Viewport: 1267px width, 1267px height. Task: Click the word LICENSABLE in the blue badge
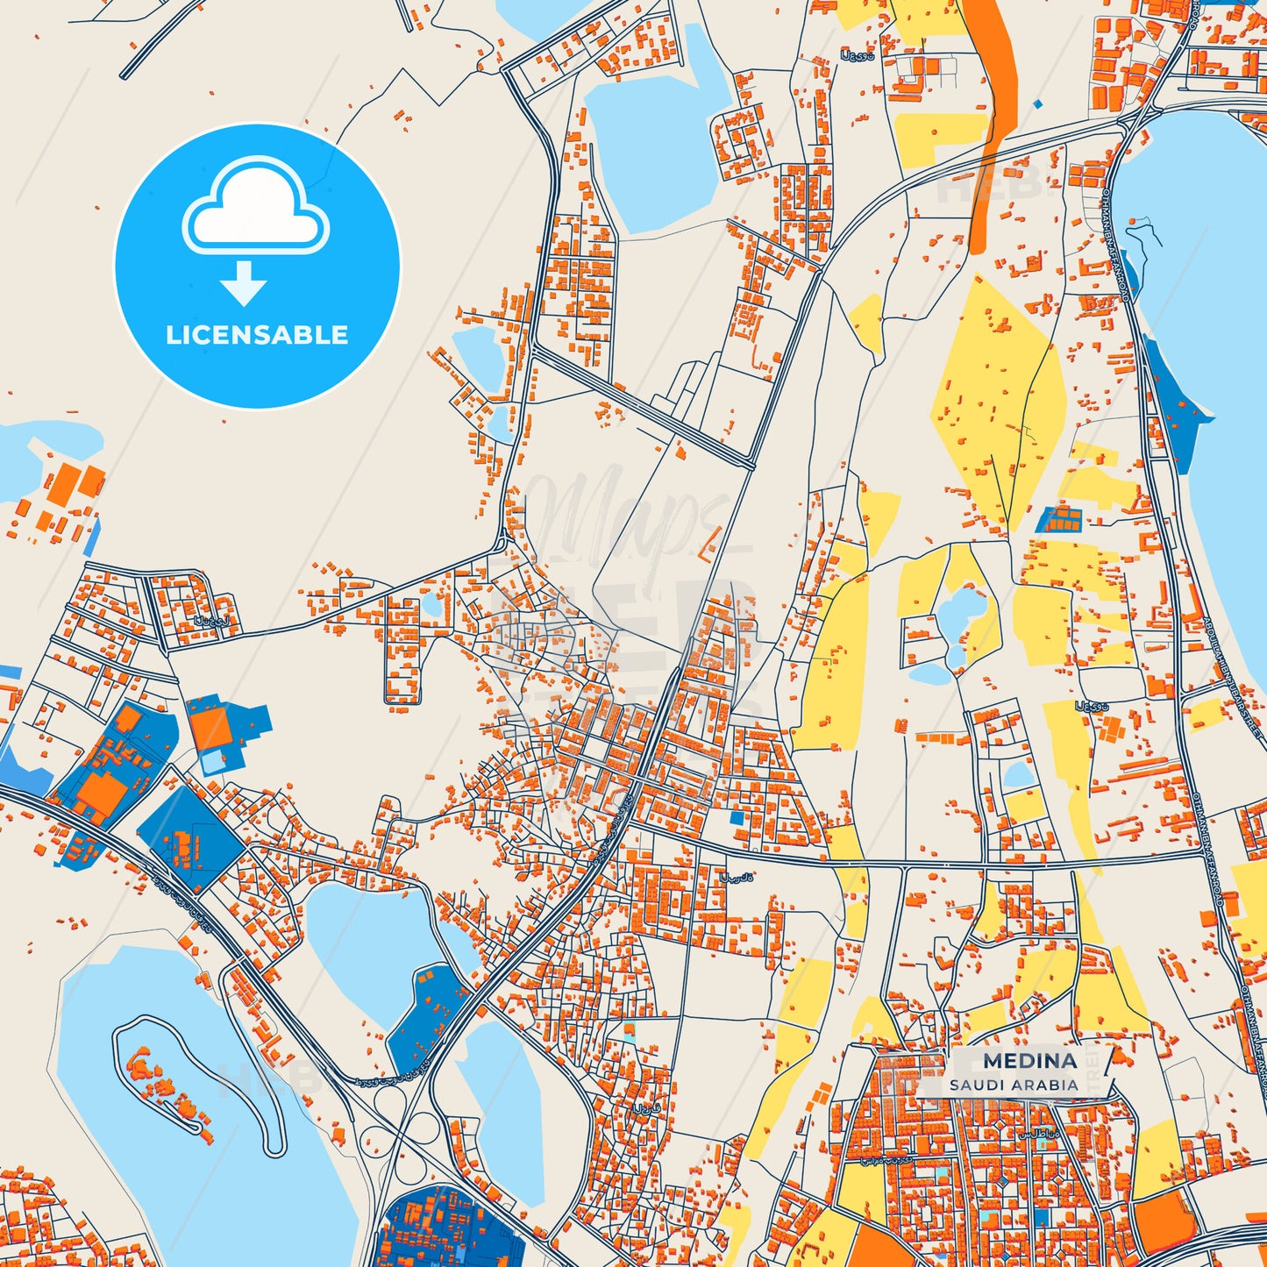[257, 335]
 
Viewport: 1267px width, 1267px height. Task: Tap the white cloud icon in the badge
[255, 208]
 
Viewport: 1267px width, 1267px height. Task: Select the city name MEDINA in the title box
[1029, 1060]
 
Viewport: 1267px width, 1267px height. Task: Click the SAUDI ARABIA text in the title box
[1013, 1085]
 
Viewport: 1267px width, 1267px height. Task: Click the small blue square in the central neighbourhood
[737, 817]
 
